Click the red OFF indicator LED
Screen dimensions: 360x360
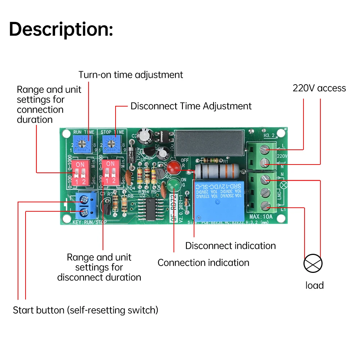pos(173,167)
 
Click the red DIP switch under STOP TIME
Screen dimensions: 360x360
pos(111,173)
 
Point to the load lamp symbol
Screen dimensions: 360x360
pos(313,264)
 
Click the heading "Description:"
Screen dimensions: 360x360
pos(61,29)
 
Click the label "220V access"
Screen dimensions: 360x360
pos(319,88)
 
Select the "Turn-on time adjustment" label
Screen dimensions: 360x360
pos(131,75)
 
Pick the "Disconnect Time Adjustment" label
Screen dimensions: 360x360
pos(191,106)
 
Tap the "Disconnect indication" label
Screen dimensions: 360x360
pos(230,246)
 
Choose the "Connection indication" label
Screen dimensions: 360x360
pos(203,263)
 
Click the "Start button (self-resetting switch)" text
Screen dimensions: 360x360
pos(85,310)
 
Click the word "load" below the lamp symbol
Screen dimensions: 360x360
pos(314,285)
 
